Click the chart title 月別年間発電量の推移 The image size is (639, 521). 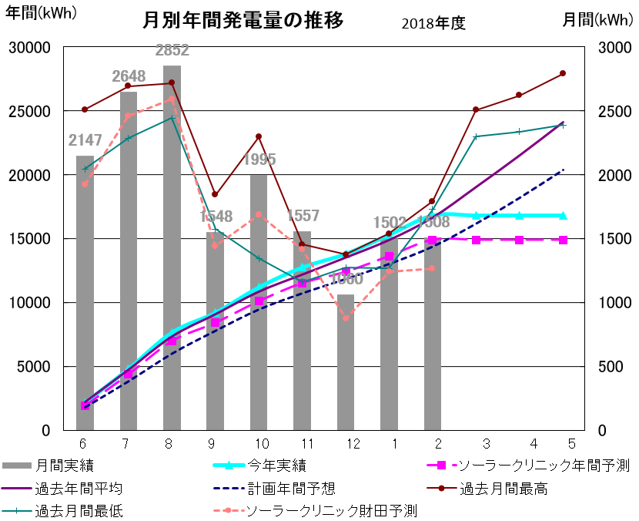243,21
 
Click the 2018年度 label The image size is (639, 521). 433,24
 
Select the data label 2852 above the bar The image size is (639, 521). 172,51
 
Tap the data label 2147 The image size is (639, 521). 85,140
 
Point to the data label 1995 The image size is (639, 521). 259,160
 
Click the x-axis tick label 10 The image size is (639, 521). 261,443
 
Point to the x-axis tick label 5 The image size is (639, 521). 571,443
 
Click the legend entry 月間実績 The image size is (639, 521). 59,466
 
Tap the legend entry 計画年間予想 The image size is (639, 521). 291,489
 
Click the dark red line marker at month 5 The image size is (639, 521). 563,73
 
